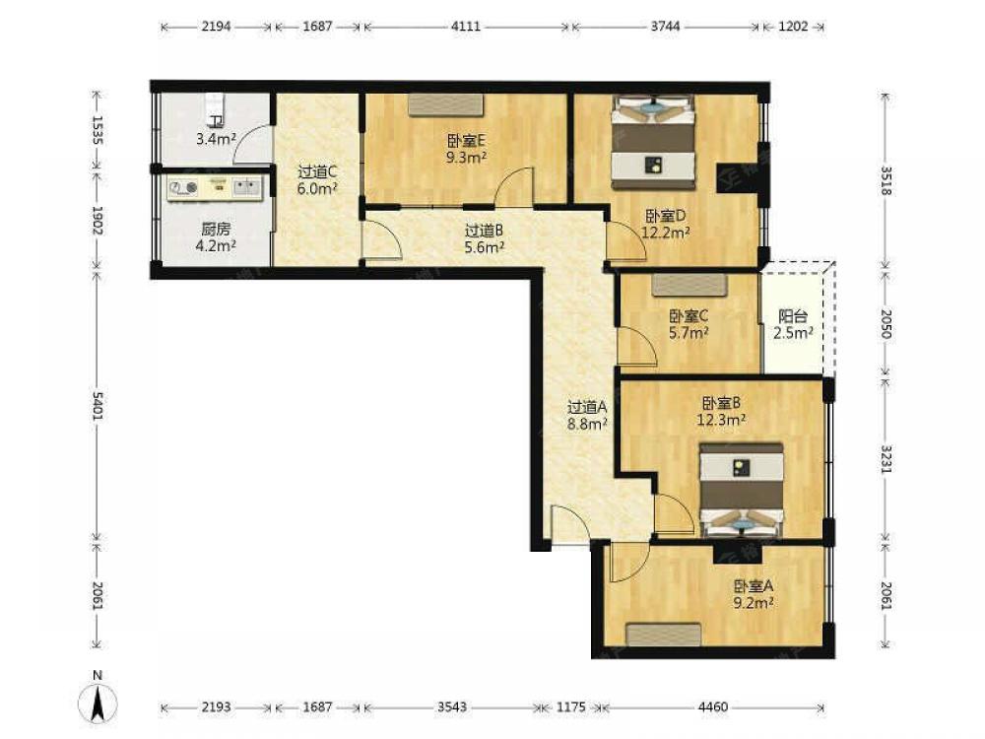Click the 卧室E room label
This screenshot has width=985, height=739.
pos(466,140)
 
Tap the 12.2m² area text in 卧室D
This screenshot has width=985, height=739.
pos(665,233)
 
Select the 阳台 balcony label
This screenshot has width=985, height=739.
pos(793,316)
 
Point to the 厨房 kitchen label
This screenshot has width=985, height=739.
pos(216,229)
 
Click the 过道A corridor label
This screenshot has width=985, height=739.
pos(587,407)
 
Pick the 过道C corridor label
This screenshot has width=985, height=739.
pos(317,170)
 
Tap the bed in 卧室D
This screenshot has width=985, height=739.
pos(654,142)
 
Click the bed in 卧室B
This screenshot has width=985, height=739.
pos(742,491)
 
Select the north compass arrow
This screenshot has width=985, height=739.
pos(98,703)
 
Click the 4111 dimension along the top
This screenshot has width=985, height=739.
pos(466,27)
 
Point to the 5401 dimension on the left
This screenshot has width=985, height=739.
pos(98,405)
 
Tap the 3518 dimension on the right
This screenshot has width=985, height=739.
pos(886,180)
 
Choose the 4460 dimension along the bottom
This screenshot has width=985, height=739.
pos(713,706)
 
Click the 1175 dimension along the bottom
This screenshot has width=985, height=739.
pos(571,706)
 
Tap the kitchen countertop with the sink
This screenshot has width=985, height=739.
pos(215,188)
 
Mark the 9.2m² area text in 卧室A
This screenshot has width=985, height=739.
pos(754,603)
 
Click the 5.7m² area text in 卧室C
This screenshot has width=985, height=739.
pos(689,333)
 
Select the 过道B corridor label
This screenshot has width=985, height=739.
pos(484,231)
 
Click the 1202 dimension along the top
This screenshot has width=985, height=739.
pos(793,27)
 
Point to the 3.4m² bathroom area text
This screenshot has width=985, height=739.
pos(216,139)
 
